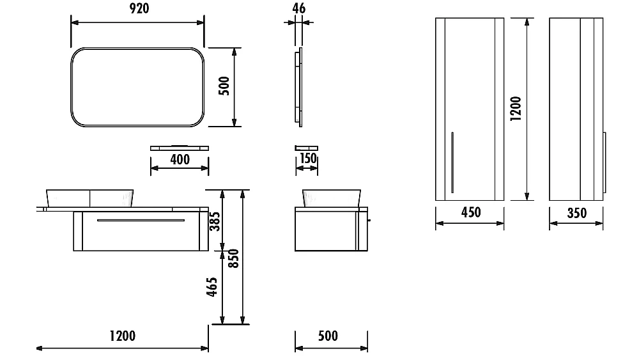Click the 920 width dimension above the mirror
coord(139,8)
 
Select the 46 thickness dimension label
coord(298,8)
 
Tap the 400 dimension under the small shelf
coord(180,159)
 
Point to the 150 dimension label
coord(308,158)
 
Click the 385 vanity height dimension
coord(215,221)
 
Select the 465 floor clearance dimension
coord(212,286)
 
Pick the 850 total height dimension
coord(233,258)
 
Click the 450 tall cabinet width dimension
coord(471,212)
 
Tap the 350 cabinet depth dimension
coord(577,213)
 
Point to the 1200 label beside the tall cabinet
coord(516,109)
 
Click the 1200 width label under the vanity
coord(123,336)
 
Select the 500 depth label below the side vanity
coord(328,336)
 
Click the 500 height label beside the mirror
coord(224,86)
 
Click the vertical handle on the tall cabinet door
coord(452,162)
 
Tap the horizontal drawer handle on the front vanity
coord(141,220)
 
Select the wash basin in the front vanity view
coord(89,198)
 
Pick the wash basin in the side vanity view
coord(331,198)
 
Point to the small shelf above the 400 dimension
coord(180,148)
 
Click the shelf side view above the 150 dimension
coord(307,148)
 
